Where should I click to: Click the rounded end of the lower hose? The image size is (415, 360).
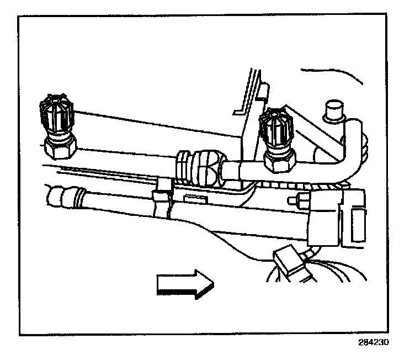[56, 197]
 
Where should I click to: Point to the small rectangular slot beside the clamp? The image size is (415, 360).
[194, 197]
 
